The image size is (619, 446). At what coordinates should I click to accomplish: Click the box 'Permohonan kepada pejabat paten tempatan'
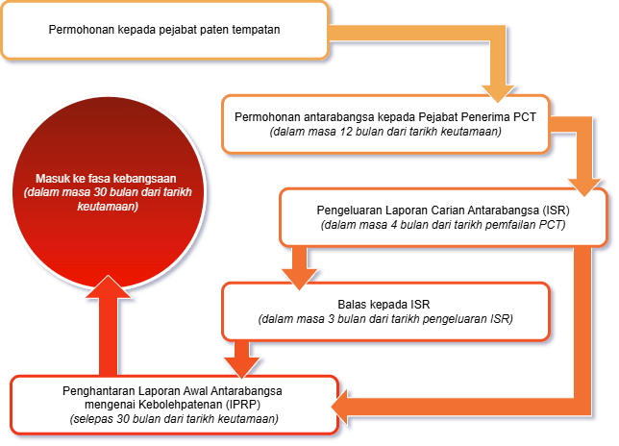[163, 30]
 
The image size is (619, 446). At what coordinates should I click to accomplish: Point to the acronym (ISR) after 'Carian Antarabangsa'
[556, 209]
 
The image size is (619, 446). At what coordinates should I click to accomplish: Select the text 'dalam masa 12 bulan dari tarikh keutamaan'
[385, 131]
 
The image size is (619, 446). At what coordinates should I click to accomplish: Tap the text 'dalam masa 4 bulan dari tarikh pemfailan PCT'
[443, 224]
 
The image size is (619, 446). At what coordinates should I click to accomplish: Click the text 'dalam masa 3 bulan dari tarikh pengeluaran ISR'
[385, 318]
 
